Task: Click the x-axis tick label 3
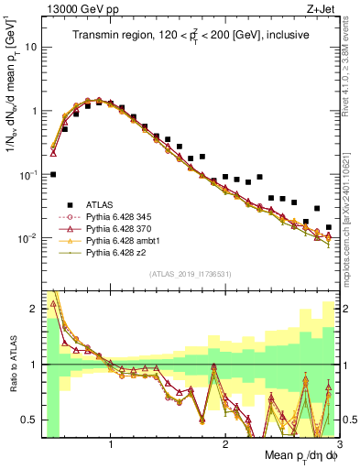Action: click(x=338, y=446)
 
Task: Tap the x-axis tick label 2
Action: click(x=224, y=446)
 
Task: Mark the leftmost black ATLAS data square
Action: click(x=53, y=174)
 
